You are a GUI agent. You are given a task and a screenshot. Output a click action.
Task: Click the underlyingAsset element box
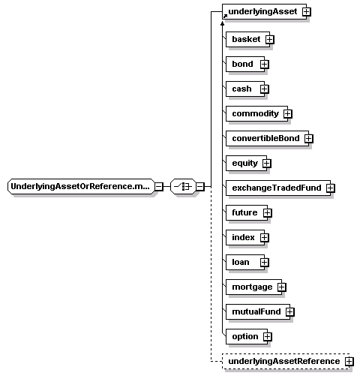(264, 11)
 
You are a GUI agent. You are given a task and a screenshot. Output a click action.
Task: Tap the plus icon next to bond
(265, 65)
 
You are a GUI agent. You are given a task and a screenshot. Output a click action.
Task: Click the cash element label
(241, 89)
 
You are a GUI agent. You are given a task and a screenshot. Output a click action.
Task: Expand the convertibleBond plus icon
(309, 139)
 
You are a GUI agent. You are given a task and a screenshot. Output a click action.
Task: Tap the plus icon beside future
(268, 213)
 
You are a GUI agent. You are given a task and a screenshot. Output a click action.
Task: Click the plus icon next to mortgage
(282, 287)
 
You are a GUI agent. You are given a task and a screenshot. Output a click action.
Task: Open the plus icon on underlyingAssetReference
(349, 362)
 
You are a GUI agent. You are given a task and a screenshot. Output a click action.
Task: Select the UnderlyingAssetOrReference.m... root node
(81, 186)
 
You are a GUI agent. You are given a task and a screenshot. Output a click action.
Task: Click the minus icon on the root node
(159, 187)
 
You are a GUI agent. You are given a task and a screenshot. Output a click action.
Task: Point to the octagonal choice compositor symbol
(183, 186)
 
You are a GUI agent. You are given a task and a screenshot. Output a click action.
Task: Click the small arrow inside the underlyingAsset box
(226, 17)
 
